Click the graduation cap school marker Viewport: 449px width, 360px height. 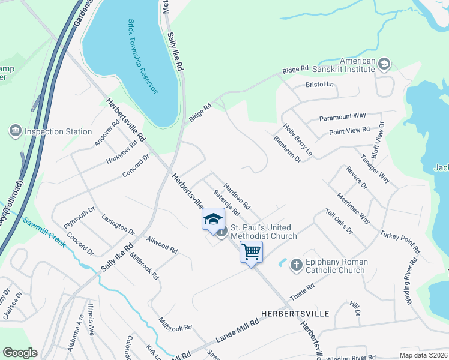(212, 219)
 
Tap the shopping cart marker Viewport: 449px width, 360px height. (252, 251)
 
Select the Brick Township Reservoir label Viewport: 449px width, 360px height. (142, 56)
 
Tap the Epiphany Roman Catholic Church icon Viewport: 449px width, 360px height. (295, 264)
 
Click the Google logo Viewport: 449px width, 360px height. (20, 353)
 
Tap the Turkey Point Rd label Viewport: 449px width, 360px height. (400, 240)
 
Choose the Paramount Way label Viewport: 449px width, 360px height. (342, 116)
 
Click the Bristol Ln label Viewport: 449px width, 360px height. (319, 85)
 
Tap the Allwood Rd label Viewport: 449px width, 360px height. (161, 245)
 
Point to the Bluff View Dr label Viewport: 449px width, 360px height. (378, 139)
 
